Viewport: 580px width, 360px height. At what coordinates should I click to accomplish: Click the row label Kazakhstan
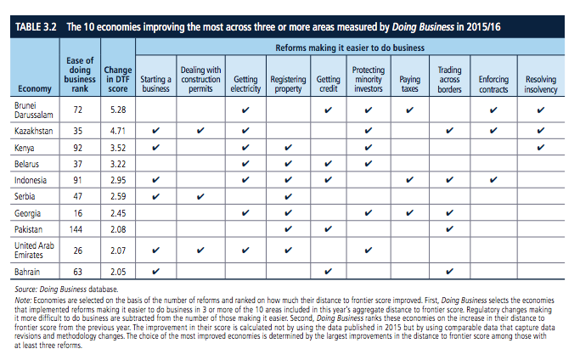click(35, 132)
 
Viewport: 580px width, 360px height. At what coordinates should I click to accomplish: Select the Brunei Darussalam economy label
click(33, 110)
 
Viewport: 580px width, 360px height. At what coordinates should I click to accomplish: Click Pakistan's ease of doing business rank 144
click(78, 229)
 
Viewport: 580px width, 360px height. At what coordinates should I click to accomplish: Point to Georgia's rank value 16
click(78, 213)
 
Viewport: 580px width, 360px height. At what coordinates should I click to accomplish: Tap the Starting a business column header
click(155, 83)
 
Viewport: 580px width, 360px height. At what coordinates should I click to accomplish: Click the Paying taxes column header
click(409, 83)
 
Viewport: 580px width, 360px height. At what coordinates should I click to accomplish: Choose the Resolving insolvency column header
click(541, 83)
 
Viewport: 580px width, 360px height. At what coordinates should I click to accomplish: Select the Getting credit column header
click(328, 83)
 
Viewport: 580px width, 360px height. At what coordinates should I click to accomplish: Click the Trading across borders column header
click(449, 78)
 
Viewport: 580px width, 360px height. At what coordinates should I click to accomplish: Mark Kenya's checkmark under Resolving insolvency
click(541, 148)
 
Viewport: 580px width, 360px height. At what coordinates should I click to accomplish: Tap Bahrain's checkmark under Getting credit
click(328, 272)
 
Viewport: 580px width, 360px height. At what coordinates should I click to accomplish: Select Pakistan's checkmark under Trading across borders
click(449, 229)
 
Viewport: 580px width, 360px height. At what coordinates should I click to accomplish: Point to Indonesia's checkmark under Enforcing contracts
click(493, 180)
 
